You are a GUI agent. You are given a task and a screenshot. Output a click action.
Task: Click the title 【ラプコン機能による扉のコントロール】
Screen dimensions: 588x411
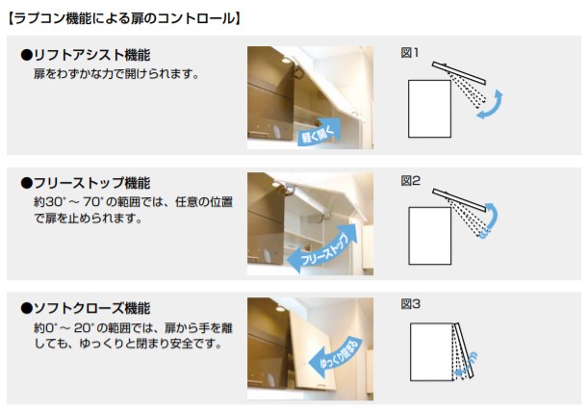(x=124, y=18)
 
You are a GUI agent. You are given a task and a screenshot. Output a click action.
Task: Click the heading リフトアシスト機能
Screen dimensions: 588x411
(x=86, y=55)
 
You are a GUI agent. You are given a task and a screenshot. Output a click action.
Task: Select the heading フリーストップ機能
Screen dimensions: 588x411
(x=86, y=183)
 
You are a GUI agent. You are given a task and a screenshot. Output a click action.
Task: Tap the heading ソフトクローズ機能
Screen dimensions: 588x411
(x=86, y=308)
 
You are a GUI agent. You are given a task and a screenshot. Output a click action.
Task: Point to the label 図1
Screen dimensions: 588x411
(x=410, y=53)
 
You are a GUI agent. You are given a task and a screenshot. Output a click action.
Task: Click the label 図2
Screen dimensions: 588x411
(x=410, y=181)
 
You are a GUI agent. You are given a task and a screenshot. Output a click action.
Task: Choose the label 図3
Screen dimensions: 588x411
(x=410, y=304)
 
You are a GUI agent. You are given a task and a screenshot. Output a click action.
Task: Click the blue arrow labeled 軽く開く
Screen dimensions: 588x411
(x=319, y=132)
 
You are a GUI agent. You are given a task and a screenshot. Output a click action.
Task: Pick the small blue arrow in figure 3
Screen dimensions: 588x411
(x=465, y=366)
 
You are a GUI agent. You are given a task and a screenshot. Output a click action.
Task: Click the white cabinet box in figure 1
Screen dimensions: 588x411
(x=429, y=109)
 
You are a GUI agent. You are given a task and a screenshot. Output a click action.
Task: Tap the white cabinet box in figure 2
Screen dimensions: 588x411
(x=429, y=236)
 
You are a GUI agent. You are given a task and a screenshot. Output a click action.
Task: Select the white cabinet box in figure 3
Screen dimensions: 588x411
(x=432, y=351)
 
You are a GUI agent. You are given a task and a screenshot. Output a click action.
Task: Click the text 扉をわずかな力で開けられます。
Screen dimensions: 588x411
(x=116, y=74)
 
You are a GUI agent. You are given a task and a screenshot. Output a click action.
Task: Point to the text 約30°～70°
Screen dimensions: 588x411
(x=68, y=202)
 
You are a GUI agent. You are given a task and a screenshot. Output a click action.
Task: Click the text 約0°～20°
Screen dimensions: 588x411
(x=64, y=328)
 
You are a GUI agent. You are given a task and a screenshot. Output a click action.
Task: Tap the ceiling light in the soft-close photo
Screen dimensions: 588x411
(x=280, y=309)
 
